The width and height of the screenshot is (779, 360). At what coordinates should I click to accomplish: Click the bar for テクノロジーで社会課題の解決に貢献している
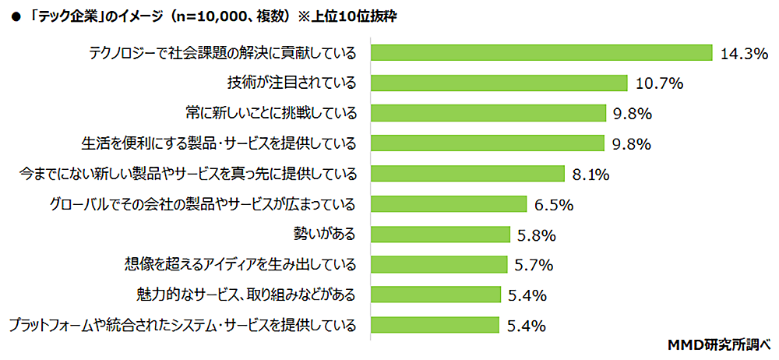[x=541, y=52]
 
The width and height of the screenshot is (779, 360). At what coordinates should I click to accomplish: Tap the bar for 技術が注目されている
[x=499, y=83]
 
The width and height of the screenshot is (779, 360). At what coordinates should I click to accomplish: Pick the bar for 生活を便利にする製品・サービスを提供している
[x=488, y=143]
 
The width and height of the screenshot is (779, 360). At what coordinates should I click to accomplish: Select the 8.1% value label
[x=590, y=175]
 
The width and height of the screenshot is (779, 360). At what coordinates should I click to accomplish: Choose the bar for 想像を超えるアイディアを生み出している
[x=439, y=265]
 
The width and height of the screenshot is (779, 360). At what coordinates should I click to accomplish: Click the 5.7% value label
[x=534, y=265]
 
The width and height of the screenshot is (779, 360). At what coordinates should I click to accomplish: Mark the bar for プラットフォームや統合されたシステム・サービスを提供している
[x=435, y=325]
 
